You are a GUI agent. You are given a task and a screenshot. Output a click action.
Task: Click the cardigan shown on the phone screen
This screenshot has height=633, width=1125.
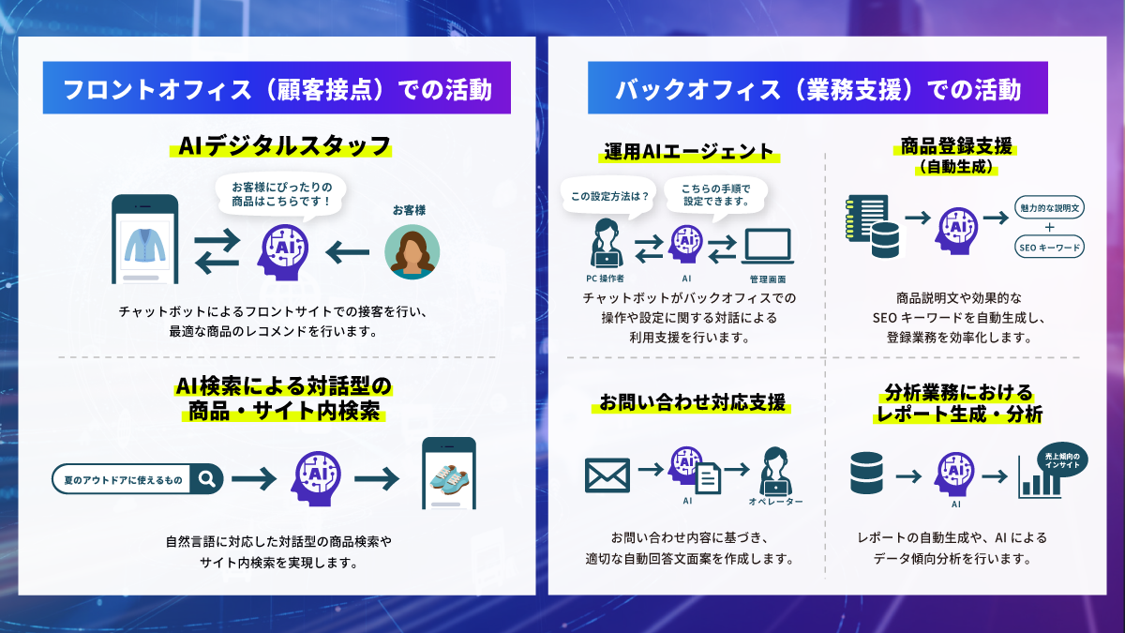click(x=144, y=242)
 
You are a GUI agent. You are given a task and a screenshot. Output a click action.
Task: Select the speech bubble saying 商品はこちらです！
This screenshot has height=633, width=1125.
click(x=281, y=195)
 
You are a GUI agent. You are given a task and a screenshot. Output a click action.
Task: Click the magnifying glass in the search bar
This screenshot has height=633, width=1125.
click(x=207, y=478)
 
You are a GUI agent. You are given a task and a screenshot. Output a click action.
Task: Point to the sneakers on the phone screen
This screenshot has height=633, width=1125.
click(x=448, y=477)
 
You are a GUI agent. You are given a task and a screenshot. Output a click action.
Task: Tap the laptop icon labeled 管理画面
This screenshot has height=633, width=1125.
click(x=767, y=247)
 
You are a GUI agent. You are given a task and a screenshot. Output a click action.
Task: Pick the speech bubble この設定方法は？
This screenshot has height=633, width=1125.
click(x=604, y=196)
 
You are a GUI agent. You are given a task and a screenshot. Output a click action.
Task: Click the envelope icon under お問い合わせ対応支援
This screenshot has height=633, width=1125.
click(x=607, y=475)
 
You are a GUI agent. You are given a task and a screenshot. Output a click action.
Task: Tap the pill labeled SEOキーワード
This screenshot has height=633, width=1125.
click(x=1049, y=249)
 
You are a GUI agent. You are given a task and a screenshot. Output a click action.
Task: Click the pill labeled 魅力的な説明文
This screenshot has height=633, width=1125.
click(x=1049, y=207)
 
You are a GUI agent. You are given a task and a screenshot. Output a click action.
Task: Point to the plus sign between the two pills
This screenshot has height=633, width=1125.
click(x=1049, y=228)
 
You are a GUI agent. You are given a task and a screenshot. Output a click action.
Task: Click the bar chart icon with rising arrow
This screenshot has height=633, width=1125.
click(x=1039, y=480)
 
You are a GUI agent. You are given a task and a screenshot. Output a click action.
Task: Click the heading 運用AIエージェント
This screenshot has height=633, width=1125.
click(x=688, y=152)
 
